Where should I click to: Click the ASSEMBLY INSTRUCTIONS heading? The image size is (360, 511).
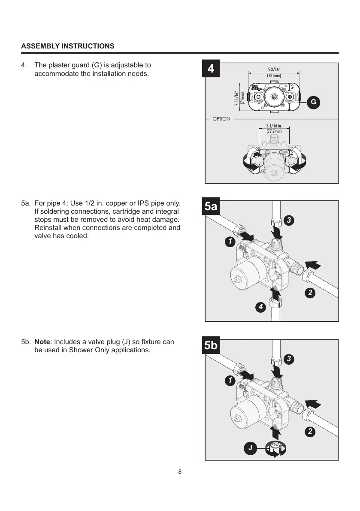tap(68, 46)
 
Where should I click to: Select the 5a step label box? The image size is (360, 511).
tap(211, 207)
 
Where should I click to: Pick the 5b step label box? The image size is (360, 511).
tap(211, 346)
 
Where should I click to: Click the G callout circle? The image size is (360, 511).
tap(314, 102)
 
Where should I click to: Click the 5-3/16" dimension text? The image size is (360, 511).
tap(274, 69)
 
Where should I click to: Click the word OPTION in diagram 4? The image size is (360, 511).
tap(221, 119)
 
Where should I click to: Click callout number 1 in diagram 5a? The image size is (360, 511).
tap(230, 242)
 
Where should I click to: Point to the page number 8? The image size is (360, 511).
tap(180, 472)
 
